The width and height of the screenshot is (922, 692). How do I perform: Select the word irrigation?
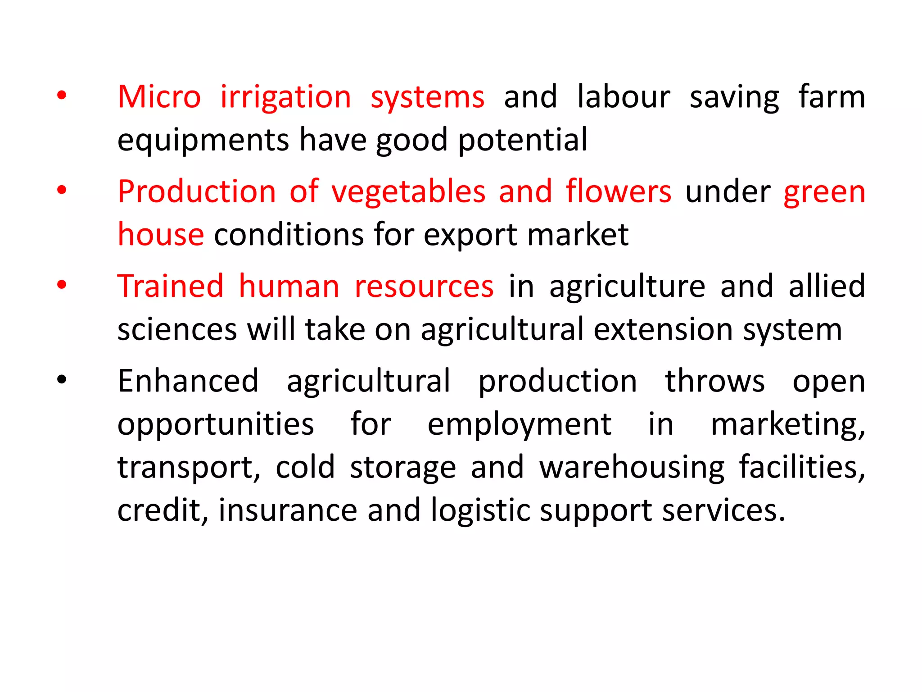(285, 98)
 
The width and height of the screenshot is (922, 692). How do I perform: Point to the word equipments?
(203, 141)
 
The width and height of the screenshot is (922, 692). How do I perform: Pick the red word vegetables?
(408, 192)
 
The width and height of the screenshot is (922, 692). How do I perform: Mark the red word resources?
(424, 287)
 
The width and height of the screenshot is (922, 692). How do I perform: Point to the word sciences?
(177, 329)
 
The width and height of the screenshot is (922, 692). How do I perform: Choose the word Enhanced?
(188, 381)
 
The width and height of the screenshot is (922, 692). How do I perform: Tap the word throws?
(714, 381)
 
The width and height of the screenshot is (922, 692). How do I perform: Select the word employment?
(519, 425)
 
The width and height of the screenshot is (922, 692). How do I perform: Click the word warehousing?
(632, 468)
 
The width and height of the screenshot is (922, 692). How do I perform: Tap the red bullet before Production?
(62, 190)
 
